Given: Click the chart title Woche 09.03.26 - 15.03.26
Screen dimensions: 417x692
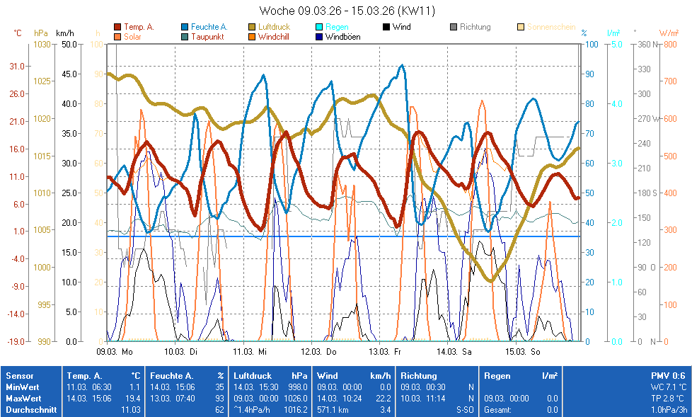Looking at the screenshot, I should tap(347, 11).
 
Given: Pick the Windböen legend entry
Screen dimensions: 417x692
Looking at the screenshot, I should tap(342, 36).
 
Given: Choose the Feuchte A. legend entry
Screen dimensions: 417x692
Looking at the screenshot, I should tap(209, 27).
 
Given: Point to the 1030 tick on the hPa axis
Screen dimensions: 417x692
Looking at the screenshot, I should tap(42, 44).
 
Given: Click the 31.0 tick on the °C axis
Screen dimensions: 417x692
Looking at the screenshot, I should tap(18, 67).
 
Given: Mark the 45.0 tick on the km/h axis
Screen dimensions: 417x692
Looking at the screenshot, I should tap(69, 74).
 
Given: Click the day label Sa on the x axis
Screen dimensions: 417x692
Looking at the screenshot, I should tap(466, 350).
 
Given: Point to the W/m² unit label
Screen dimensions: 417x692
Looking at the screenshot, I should tap(669, 33).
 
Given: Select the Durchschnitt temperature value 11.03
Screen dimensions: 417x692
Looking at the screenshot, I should tap(131, 409).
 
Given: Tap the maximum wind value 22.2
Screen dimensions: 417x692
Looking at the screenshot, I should tap(384, 399).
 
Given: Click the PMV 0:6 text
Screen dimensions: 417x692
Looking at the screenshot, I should tap(668, 376).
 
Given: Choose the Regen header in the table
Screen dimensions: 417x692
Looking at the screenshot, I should tap(497, 376).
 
